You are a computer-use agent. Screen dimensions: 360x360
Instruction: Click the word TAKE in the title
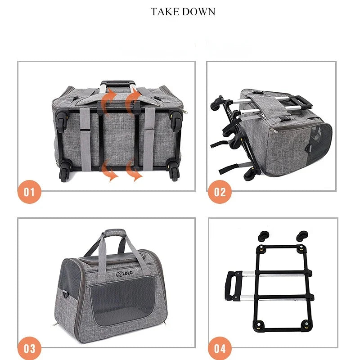tap(165, 12)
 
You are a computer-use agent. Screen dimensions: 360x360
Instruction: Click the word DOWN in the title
tap(198, 12)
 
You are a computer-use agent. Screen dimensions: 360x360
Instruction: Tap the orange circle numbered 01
tap(29, 193)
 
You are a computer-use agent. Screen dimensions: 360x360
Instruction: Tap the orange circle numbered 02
tap(220, 193)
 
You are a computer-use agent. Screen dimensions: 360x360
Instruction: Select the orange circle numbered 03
tap(29, 349)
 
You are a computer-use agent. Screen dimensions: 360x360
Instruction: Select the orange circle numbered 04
tap(220, 349)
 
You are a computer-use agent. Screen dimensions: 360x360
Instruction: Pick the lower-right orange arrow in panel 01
tap(134, 171)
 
